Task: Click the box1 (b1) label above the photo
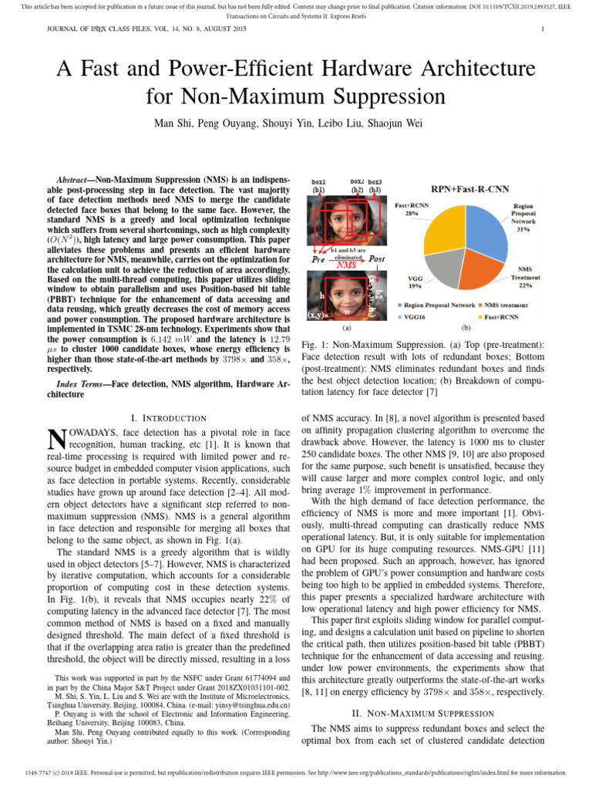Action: coord(318,185)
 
